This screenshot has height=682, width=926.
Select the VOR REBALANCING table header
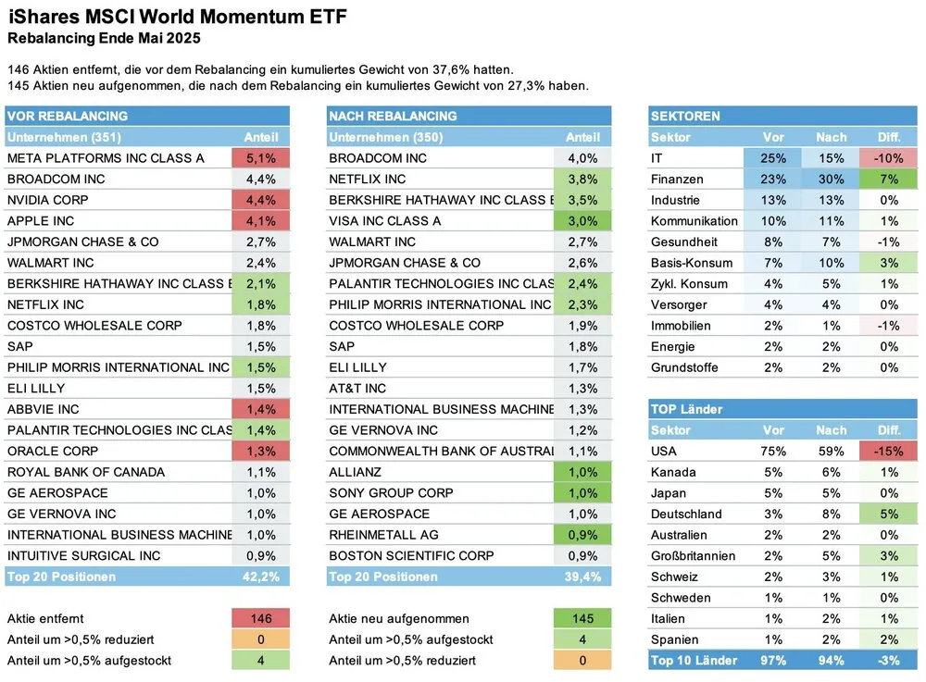pos(68,116)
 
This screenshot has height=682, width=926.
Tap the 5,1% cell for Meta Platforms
pos(260,158)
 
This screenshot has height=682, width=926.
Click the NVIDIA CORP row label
pos(47,200)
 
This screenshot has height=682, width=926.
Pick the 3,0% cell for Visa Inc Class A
pos(582,221)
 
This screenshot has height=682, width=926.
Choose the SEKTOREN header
pos(685,116)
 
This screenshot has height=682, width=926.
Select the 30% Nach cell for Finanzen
pos(831,180)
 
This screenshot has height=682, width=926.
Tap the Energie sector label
pos(673,346)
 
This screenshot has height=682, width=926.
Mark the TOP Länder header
pos(686,409)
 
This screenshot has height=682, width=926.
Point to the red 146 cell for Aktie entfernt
pos(260,619)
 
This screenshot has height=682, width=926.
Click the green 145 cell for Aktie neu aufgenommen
pos(582,619)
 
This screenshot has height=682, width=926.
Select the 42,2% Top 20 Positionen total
pos(260,577)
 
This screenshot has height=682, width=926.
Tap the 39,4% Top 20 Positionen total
pos(582,577)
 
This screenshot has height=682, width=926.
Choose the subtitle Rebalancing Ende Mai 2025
pos(104,39)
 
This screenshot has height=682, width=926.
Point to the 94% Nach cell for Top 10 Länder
pos(831,660)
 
